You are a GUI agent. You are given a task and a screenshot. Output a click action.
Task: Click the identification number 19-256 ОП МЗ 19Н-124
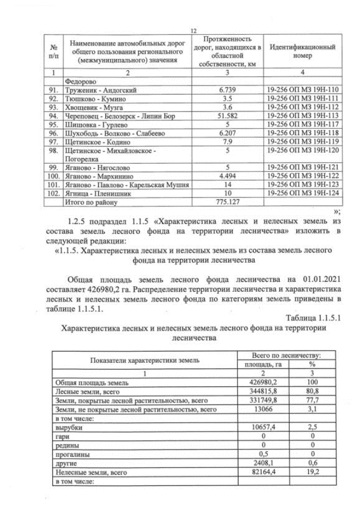click(x=302, y=193)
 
